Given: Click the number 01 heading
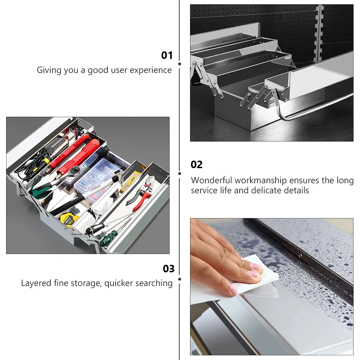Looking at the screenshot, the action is (x=167, y=55).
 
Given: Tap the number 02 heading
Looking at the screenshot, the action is (x=197, y=165).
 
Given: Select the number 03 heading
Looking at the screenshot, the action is (x=169, y=269).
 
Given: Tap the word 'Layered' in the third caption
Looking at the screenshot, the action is (x=36, y=283).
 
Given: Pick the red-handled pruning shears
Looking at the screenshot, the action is (x=140, y=193).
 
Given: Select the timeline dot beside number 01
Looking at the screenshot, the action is (x=180, y=64).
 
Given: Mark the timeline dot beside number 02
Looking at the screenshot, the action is (x=180, y=174).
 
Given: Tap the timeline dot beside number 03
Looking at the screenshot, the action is (x=180, y=279).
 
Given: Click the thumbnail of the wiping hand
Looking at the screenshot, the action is (x=272, y=287).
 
